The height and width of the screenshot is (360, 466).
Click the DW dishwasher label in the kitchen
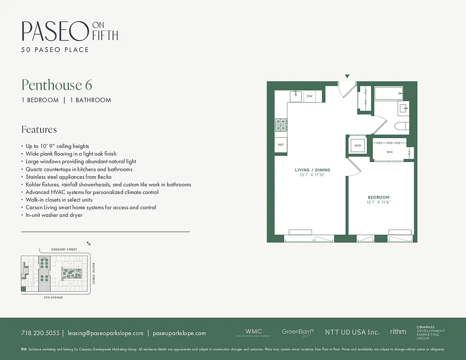click(309, 96)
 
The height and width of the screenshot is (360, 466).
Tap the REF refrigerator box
click(281, 145)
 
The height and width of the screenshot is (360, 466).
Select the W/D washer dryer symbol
click(358, 146)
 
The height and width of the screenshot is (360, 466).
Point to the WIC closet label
click(390, 152)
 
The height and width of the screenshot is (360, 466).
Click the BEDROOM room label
click(379, 197)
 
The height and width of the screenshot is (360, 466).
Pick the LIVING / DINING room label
click(312, 170)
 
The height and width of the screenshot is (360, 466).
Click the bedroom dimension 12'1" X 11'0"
click(379, 202)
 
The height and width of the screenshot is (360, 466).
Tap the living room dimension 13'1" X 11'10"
click(312, 175)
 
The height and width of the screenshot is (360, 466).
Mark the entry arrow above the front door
click(347, 76)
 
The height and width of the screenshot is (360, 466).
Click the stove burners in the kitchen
click(281, 125)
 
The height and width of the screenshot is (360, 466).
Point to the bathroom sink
click(403, 108)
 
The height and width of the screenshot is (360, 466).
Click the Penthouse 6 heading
click(57, 85)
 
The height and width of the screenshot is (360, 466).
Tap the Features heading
click(39, 130)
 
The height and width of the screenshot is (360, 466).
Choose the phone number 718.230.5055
click(40, 333)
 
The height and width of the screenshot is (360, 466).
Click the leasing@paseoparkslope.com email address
click(105, 333)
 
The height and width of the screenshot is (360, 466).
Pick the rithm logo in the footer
click(398, 332)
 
